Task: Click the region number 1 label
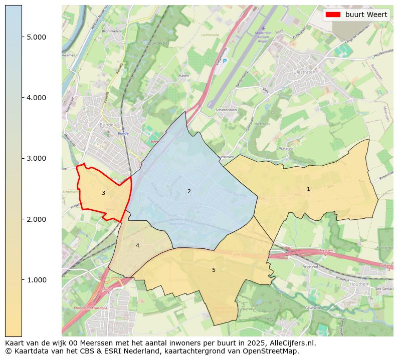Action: click(x=308, y=189)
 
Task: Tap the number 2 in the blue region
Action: click(x=189, y=191)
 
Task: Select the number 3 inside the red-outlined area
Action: click(x=103, y=193)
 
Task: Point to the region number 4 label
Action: click(x=137, y=245)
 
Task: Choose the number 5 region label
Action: click(x=214, y=270)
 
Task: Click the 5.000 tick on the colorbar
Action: click(x=36, y=37)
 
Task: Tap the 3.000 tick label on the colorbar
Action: click(x=36, y=158)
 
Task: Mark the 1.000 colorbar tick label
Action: click(x=36, y=280)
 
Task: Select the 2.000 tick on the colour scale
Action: click(x=36, y=219)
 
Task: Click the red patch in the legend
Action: click(x=333, y=15)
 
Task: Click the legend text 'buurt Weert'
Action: click(x=366, y=15)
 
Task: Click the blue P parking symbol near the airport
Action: click(x=225, y=61)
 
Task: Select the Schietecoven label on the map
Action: click(x=225, y=110)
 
